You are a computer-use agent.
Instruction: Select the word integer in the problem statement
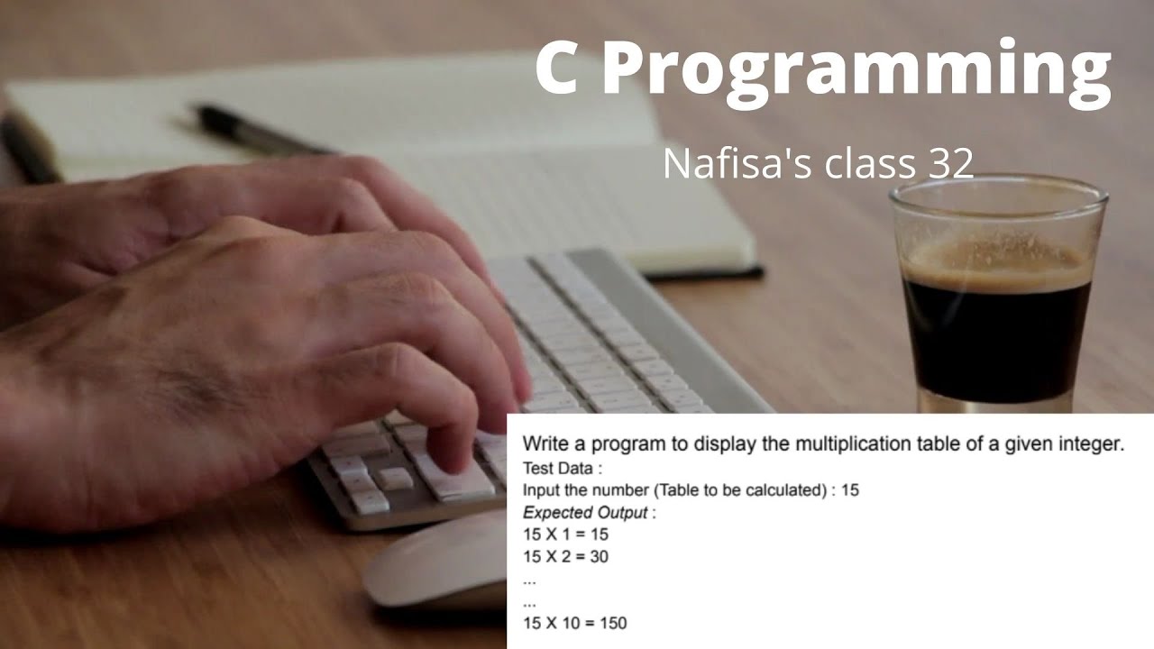coord(1092,443)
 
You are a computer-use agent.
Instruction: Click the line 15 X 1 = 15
coord(565,535)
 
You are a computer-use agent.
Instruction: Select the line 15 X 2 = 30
coord(565,556)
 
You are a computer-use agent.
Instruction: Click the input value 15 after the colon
coord(849,491)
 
